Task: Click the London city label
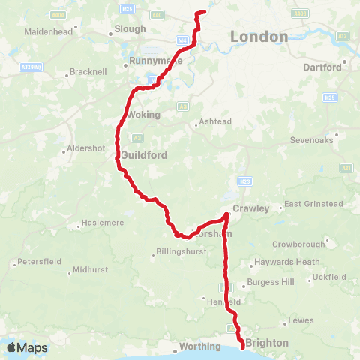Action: tap(259, 37)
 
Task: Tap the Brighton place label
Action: tap(266, 342)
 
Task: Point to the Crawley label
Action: tap(250, 208)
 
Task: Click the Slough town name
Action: tap(127, 30)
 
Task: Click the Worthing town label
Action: tap(196, 349)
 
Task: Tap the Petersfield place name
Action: tap(39, 263)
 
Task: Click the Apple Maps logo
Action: tap(26, 347)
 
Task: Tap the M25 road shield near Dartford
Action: tap(328, 97)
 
